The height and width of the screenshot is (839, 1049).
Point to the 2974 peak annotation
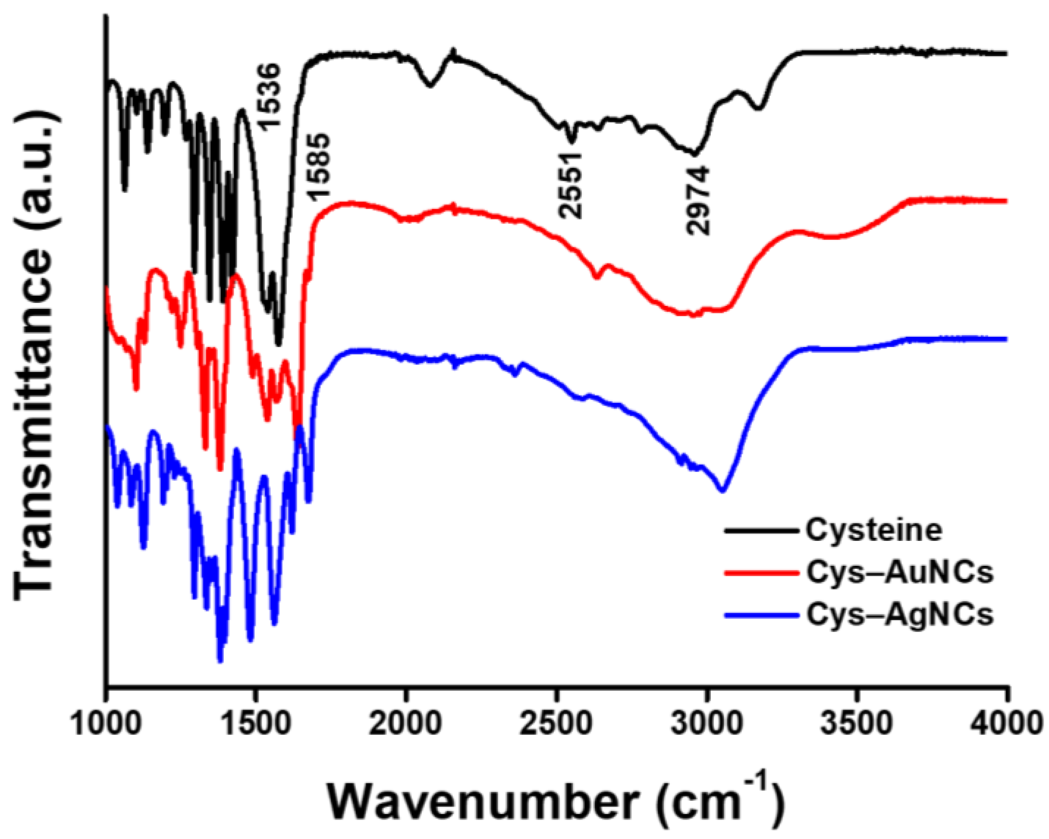click(x=698, y=200)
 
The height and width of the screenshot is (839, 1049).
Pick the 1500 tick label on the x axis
click(x=256, y=723)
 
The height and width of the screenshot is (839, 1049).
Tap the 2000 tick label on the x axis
click(x=406, y=723)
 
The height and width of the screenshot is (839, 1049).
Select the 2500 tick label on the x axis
click(x=556, y=723)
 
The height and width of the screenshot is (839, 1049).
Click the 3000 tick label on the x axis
click(x=706, y=723)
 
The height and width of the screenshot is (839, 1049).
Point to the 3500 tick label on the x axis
click(x=856, y=723)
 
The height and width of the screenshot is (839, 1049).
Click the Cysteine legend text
click(x=874, y=530)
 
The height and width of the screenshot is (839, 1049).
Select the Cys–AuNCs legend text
click(x=900, y=572)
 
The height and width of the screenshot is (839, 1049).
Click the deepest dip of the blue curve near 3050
click(x=722, y=490)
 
